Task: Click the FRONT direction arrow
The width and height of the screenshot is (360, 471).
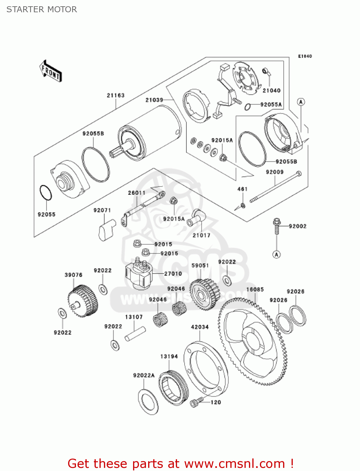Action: [x=51, y=71]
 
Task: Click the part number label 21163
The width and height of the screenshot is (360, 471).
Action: [x=116, y=95]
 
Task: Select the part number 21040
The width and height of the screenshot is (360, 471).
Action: [x=271, y=90]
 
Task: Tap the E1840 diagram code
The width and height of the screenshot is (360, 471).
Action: [x=305, y=56]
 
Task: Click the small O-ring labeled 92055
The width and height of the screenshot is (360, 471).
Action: [x=46, y=193]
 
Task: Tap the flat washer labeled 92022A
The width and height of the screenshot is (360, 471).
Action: [x=148, y=402]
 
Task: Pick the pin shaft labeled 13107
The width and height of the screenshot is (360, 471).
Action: [x=135, y=334]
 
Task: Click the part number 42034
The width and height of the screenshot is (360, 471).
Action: [x=200, y=327]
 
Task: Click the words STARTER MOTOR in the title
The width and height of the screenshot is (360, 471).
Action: [x=42, y=9]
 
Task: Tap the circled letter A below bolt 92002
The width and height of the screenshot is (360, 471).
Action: [x=276, y=254]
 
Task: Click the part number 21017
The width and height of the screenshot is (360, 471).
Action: [x=201, y=235]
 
